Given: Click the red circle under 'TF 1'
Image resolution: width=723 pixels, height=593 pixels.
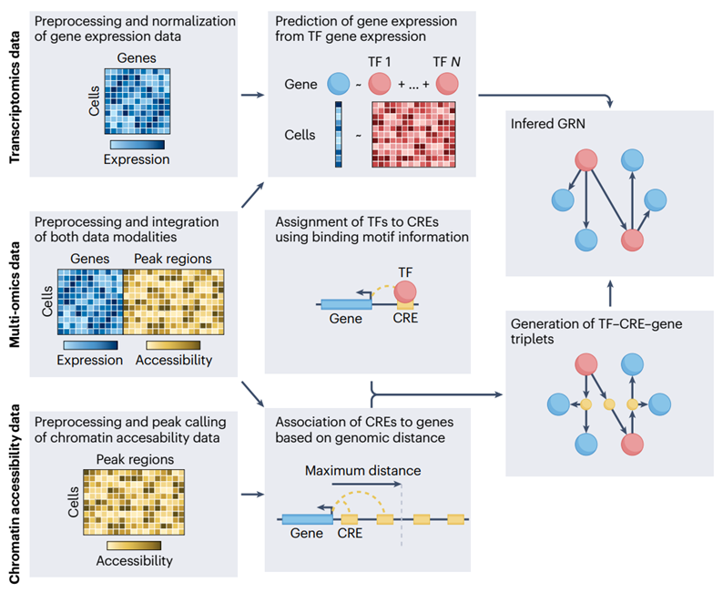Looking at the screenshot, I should (380, 86).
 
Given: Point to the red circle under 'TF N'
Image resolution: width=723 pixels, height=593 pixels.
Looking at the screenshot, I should (447, 86).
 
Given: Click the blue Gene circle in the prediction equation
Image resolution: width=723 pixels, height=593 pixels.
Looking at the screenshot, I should (339, 86).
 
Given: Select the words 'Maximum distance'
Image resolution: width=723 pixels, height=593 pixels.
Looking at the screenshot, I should (351, 471).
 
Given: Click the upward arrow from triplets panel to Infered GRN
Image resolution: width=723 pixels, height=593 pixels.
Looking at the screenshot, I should (609, 292).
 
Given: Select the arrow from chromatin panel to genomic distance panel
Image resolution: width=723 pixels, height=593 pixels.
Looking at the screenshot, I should (248, 496).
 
